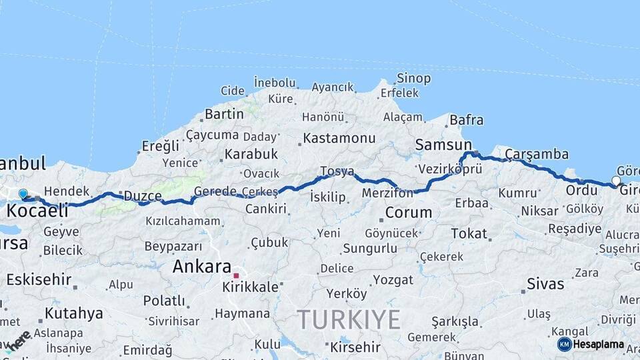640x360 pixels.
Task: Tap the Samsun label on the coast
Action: pos(443,145)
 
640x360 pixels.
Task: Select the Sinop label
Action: pos(413,79)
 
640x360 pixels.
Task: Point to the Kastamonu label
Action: pos(339,139)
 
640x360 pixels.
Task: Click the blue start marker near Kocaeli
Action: pos(23,194)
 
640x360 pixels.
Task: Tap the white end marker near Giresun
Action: pos(616,181)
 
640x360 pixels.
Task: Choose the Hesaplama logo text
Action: pos(598,345)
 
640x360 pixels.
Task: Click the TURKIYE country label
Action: pos(349,319)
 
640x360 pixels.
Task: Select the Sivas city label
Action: pos(545,284)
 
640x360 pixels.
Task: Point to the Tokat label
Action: pos(469,233)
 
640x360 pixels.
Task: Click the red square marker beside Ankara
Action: pos(236,275)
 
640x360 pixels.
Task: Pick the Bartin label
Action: pos(224,114)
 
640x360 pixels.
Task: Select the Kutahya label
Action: pos(73,313)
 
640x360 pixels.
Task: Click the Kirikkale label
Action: pos(250,287)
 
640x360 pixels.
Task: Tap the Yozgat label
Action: pos(393,280)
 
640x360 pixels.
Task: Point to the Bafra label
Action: pos(466,121)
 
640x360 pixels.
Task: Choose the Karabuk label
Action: pos(251,154)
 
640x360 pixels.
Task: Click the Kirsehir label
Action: pos(355,347)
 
